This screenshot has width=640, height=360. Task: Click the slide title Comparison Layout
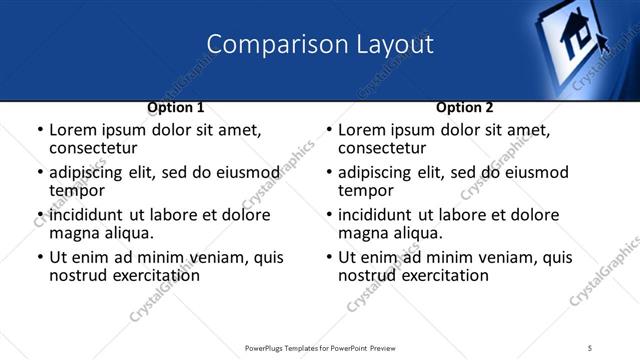(320, 44)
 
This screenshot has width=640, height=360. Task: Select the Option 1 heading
(176, 106)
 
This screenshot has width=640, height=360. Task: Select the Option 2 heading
(465, 106)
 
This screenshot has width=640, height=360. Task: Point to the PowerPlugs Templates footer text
(319, 347)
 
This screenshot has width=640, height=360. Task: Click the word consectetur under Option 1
(92, 148)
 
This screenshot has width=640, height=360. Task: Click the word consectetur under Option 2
(381, 148)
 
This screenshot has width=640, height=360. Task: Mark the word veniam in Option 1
(228, 257)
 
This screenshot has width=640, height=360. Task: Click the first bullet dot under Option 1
(39, 130)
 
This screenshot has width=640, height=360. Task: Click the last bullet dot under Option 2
(328, 257)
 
